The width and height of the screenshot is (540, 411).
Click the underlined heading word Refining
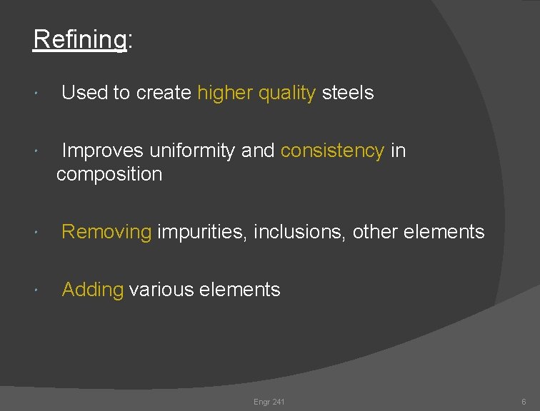click(79, 40)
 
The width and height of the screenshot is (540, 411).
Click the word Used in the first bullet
click(84, 93)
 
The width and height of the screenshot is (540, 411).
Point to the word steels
click(348, 93)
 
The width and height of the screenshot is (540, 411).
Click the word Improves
click(103, 151)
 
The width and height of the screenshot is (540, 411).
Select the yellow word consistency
click(332, 151)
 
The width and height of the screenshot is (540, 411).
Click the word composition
click(109, 174)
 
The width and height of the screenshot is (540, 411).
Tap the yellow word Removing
click(106, 232)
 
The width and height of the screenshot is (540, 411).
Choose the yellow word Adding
click(93, 290)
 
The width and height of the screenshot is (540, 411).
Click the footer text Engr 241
click(269, 402)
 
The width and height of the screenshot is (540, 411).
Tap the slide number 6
click(524, 402)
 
